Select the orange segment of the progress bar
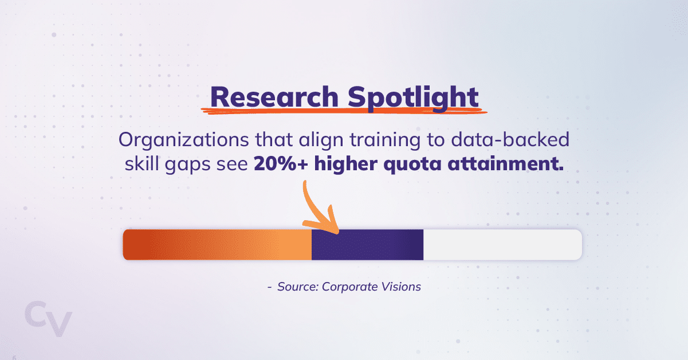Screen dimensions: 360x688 tap(217, 245)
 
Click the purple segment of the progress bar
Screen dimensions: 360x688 tap(367, 245)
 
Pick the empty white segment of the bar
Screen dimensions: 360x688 tap(502, 245)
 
